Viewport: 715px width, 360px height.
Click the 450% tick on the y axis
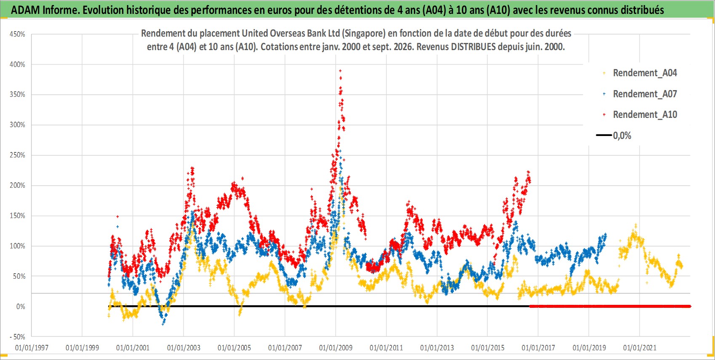point(17,34)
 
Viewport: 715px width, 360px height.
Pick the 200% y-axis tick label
point(17,185)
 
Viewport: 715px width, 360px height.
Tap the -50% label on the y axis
point(17,337)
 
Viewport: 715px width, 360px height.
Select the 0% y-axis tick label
point(21,307)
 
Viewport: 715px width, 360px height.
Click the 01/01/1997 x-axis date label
point(32,348)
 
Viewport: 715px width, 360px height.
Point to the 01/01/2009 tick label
point(336,348)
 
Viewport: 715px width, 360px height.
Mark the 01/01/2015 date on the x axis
point(488,348)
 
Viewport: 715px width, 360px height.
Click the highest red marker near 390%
point(340,71)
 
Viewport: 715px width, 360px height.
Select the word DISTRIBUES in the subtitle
point(473,47)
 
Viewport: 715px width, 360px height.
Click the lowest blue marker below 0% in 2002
point(163,324)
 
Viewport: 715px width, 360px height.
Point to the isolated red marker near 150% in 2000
point(117,217)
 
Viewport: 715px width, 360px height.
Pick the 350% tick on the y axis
point(17,95)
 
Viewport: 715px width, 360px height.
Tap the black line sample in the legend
point(603,135)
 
